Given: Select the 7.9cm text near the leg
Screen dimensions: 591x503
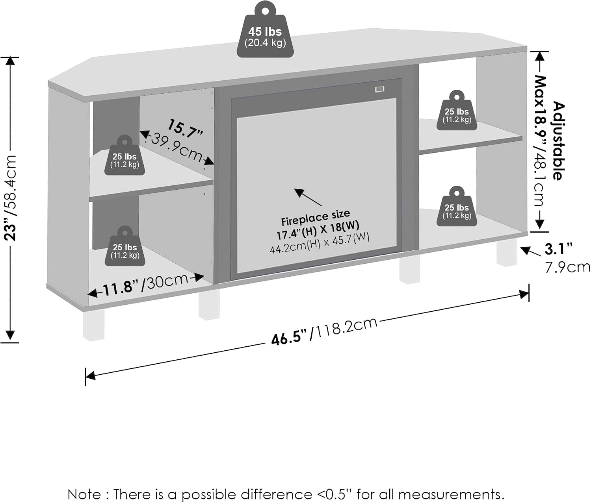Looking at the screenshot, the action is (x=567, y=267).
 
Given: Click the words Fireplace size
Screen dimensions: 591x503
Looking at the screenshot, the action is (x=315, y=218).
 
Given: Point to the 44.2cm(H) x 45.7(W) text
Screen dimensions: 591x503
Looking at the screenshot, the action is (x=320, y=243).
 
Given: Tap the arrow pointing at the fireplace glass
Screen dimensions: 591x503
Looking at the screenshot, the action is (x=308, y=197).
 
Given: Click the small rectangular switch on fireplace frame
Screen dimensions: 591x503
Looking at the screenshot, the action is (x=379, y=89).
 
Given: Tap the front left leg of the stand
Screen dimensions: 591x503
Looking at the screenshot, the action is (x=94, y=325).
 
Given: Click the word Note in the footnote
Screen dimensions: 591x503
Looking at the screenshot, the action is (x=84, y=494).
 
